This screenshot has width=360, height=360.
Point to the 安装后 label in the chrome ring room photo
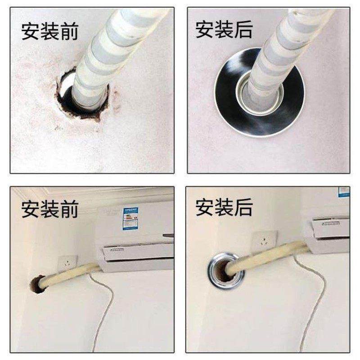tap(224, 208)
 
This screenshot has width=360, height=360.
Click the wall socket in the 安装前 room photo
tap(67, 261)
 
